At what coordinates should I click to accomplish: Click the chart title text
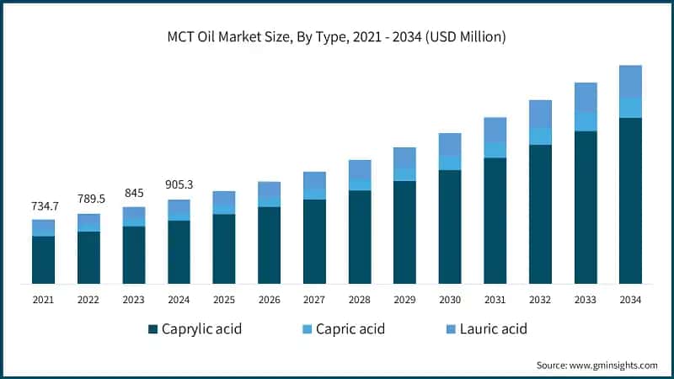(x=337, y=37)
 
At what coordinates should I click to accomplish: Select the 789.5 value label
(x=88, y=199)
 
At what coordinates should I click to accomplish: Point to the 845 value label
(x=133, y=192)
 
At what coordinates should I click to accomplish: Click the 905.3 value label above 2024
(x=179, y=184)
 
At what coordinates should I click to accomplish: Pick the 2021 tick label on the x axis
(x=43, y=299)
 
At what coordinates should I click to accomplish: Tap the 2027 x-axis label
(x=314, y=299)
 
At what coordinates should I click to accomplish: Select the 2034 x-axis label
(x=630, y=299)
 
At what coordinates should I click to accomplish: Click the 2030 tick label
(x=450, y=299)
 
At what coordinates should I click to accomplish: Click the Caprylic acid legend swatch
(x=153, y=328)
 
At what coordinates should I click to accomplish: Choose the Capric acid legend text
(x=349, y=328)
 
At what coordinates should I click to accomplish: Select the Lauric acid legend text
(x=493, y=328)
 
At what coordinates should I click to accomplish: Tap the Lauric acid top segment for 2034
(x=630, y=81)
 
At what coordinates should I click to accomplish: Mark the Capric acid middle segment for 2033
(x=586, y=121)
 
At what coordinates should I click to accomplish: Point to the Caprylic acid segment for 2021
(x=43, y=259)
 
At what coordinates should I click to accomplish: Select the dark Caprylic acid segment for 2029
(x=404, y=232)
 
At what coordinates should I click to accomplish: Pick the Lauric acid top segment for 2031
(x=495, y=130)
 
